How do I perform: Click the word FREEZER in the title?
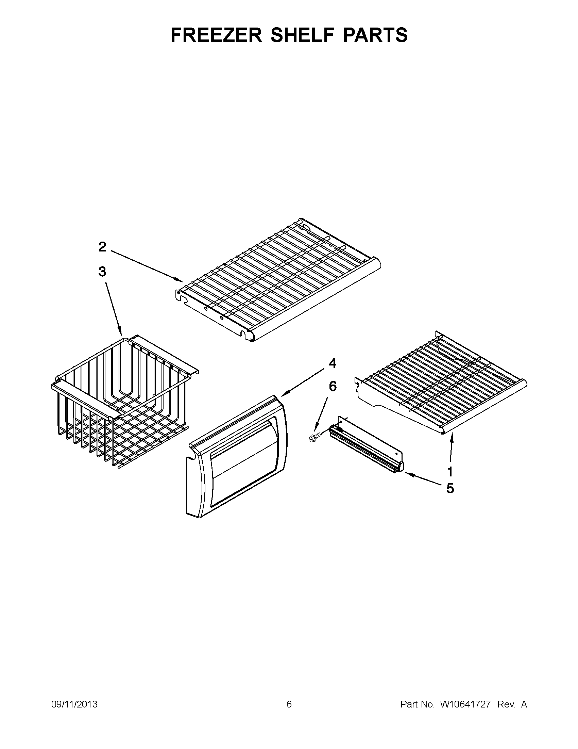click(x=216, y=35)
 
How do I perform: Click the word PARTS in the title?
click(x=374, y=35)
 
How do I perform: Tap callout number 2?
click(x=102, y=247)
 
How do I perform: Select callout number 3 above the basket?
click(x=102, y=272)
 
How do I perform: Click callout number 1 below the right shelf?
click(x=450, y=472)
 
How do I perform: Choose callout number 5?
click(x=450, y=488)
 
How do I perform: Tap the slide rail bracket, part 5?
click(x=367, y=446)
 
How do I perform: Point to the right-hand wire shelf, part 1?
click(x=442, y=384)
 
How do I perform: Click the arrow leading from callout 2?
click(x=147, y=266)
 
